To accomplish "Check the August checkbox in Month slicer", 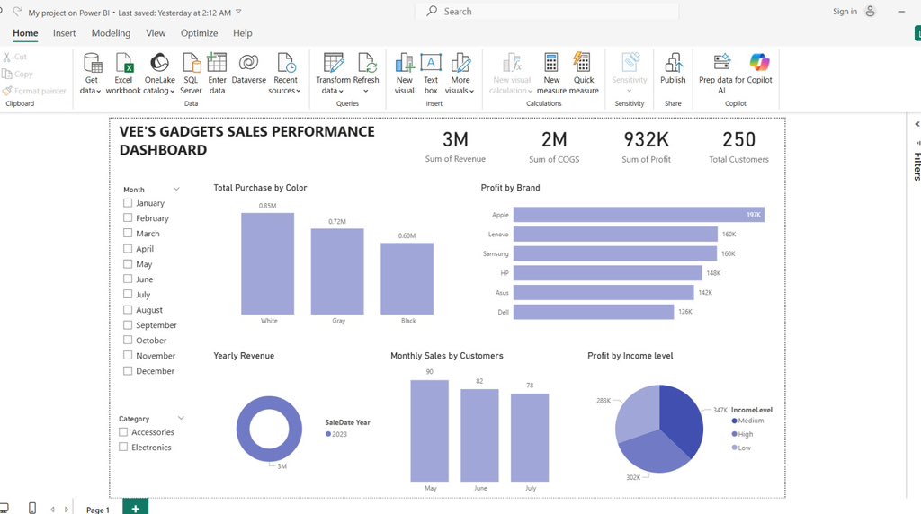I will (128, 310).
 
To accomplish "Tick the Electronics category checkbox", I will (123, 447).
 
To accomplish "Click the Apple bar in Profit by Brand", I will (638, 215).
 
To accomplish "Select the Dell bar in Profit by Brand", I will (593, 312).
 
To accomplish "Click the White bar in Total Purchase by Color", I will (267, 263).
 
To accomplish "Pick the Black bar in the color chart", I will (407, 278).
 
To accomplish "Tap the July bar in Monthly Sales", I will (530, 437).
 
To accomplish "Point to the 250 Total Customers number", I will (738, 139).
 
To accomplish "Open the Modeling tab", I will (111, 33).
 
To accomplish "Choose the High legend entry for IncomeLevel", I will (745, 434).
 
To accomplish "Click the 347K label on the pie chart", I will (720, 409).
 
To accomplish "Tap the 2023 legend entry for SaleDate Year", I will (337, 434).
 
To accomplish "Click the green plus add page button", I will (135, 508).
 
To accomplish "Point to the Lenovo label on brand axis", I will (498, 235).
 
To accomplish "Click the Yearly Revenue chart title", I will (244, 356).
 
